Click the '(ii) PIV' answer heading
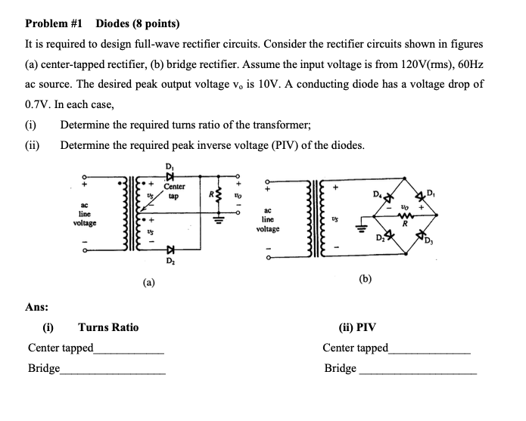click(x=350, y=327)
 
